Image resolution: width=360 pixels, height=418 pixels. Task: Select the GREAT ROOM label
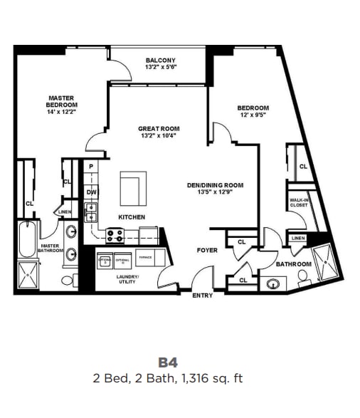tap(158, 132)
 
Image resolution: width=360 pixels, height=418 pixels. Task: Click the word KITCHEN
tap(132, 217)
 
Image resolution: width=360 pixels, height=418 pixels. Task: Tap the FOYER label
tap(206, 251)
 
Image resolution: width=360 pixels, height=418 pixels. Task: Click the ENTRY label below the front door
tap(203, 295)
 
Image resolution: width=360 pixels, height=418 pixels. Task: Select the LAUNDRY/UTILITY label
tap(128, 279)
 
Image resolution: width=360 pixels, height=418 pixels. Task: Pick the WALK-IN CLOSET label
tap(299, 204)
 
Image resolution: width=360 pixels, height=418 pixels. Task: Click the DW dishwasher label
tap(91, 192)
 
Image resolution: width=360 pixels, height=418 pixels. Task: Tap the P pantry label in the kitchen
tap(91, 166)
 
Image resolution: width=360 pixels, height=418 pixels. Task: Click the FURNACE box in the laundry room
tap(145, 257)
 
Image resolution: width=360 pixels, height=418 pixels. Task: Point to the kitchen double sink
tap(91, 211)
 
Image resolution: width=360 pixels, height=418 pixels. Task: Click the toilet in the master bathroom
tap(69, 280)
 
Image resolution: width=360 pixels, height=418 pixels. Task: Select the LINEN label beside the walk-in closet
tap(298, 238)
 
